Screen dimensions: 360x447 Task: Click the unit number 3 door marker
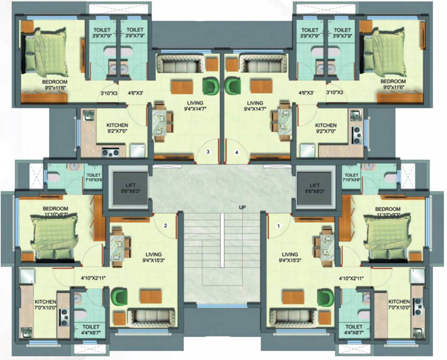tap(208, 152)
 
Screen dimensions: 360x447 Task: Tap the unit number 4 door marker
tap(237, 152)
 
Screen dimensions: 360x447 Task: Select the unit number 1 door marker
tap(278, 226)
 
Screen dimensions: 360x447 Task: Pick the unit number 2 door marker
tap(165, 225)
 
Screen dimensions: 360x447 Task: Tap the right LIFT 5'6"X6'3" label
tap(313, 188)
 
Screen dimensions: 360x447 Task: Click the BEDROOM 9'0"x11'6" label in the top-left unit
tap(55, 84)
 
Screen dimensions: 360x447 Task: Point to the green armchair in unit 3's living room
tap(209, 86)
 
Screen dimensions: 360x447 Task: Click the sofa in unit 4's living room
tap(262, 63)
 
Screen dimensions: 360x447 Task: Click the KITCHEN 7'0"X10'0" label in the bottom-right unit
tap(399, 304)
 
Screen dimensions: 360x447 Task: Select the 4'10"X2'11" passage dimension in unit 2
tap(93, 278)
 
